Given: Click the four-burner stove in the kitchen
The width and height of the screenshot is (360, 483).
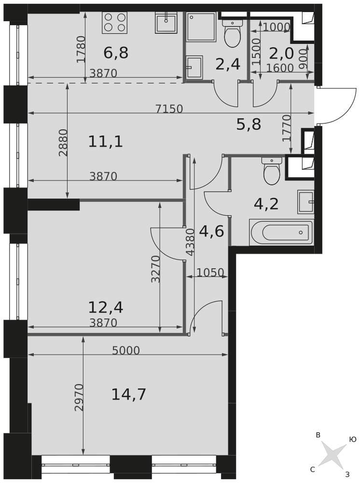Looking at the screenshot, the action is [114, 23].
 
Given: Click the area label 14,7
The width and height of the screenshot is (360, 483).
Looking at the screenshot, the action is [129, 395].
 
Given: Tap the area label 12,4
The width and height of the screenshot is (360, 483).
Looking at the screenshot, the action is [106, 307].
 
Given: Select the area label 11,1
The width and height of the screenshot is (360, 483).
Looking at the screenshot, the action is [106, 142].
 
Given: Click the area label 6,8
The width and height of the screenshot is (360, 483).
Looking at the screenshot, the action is [116, 53].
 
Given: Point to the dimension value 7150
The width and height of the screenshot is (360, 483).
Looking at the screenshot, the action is [169, 109].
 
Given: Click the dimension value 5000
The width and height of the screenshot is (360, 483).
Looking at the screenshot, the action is [126, 351].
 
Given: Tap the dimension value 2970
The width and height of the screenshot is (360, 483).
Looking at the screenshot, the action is [79, 398].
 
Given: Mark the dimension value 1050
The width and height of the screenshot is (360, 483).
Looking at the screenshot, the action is [210, 272].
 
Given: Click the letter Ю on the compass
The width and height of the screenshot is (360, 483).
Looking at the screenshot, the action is [353, 440].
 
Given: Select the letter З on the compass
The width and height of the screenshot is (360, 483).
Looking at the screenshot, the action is [347, 475].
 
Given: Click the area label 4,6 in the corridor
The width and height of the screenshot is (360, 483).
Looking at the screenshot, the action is [211, 231].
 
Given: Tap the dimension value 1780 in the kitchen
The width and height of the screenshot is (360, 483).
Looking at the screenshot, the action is [81, 49].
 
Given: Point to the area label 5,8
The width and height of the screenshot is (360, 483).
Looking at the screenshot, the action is [249, 125].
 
